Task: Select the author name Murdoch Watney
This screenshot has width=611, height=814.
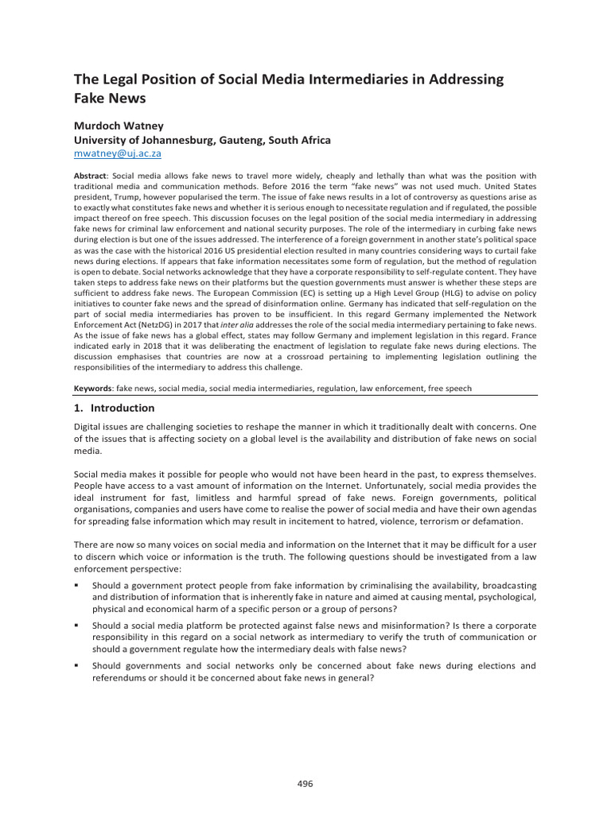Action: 119,126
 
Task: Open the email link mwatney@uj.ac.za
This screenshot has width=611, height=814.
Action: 118,153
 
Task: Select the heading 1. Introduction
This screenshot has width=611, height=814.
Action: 114,408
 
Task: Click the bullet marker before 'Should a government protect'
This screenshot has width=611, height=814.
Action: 76,585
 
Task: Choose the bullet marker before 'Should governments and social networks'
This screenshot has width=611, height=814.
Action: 76,665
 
